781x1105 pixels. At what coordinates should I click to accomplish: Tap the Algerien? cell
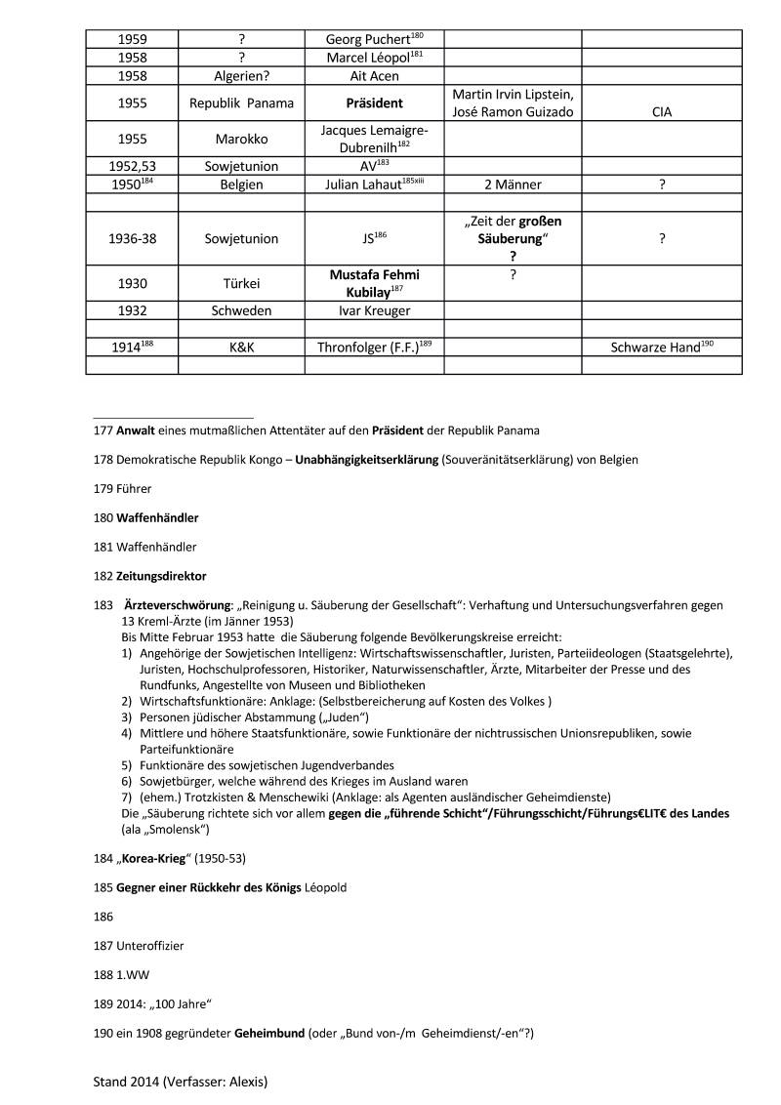click(x=241, y=75)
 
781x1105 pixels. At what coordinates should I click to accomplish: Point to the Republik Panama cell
click(x=241, y=102)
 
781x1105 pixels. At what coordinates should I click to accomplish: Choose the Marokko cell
click(x=241, y=139)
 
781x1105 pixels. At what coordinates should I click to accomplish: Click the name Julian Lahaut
click(x=368, y=184)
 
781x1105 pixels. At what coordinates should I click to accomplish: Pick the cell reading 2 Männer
click(x=513, y=184)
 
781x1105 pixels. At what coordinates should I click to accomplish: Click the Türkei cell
click(x=241, y=283)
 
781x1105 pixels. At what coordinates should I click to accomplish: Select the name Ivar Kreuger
click(x=374, y=310)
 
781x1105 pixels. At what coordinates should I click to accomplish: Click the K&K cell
click(x=241, y=347)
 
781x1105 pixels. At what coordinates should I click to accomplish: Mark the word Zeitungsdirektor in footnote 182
click(x=161, y=576)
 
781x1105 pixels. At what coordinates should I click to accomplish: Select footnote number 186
click(x=103, y=917)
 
